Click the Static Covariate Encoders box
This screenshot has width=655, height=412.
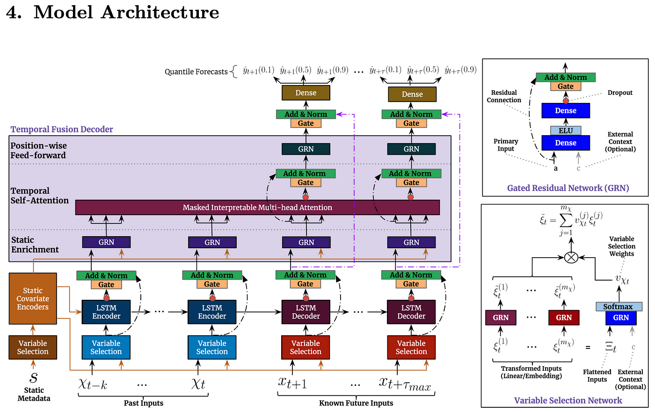[33, 298]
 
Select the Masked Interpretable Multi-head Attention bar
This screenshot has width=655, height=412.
[257, 208]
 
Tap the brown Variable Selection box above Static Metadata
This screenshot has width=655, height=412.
[33, 347]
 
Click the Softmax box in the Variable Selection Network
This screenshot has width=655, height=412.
[619, 306]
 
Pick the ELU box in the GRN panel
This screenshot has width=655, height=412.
[566, 130]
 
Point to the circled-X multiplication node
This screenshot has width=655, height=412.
[571, 257]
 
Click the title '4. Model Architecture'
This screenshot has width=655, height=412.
[113, 12]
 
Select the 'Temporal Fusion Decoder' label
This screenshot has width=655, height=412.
[62, 129]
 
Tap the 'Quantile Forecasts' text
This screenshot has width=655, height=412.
[196, 72]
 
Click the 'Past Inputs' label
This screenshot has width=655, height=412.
[143, 403]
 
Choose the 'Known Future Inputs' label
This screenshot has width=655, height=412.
[356, 403]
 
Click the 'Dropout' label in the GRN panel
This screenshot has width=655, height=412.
[620, 93]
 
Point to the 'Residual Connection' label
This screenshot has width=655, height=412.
[504, 96]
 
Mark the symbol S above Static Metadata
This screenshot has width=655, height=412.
[33, 377]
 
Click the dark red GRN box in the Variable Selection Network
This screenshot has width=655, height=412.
[564, 318]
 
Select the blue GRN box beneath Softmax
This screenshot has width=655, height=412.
[621, 318]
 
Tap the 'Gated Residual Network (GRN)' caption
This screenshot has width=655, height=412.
[568, 188]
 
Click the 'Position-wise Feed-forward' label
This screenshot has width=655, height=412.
[38, 151]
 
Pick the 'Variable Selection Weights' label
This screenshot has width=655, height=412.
[622, 246]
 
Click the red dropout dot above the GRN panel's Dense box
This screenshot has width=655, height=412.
[566, 101]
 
